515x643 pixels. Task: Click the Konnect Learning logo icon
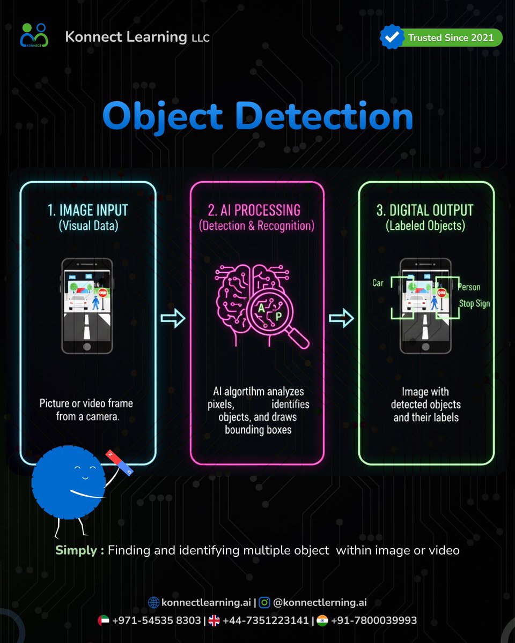tap(34, 35)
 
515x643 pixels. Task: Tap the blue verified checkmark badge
tap(392, 37)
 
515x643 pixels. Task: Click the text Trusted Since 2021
tap(451, 38)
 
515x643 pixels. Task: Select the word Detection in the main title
tap(325, 116)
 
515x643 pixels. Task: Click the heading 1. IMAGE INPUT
tap(87, 210)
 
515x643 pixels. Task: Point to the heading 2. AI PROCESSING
tap(254, 210)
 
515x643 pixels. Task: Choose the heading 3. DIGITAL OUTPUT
tap(425, 210)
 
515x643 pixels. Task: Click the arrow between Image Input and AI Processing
tap(173, 318)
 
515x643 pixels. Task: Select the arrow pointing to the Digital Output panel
tap(341, 318)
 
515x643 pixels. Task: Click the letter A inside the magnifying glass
tap(261, 308)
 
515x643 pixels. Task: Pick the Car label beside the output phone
tap(378, 283)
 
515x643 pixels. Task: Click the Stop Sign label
tap(474, 304)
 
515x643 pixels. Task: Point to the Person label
tap(469, 287)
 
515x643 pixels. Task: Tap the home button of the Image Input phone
tap(87, 347)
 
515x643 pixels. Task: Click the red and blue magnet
tap(119, 462)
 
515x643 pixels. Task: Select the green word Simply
tap(76, 550)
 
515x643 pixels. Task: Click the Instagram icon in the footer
tap(264, 602)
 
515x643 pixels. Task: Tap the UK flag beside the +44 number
tap(214, 620)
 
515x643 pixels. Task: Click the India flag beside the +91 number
tap(322, 620)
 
